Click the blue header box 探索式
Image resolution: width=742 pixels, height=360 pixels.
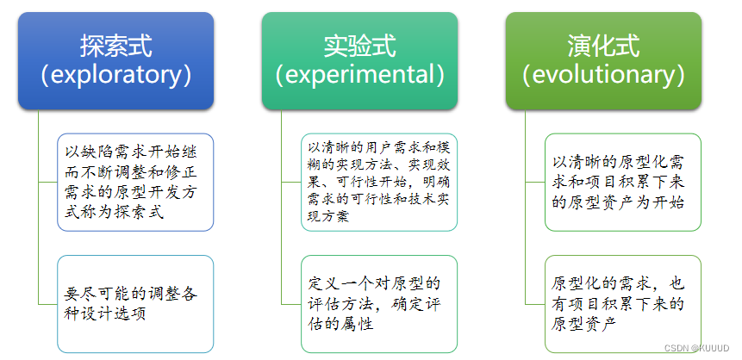[x=116, y=60]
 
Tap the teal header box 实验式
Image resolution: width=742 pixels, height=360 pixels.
[x=359, y=60]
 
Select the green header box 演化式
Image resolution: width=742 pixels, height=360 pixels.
[x=603, y=60]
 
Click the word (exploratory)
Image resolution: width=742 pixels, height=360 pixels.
[x=116, y=75]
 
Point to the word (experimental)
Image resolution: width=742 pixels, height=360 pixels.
[x=359, y=75]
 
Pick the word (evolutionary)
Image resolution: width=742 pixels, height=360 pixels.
[x=603, y=75]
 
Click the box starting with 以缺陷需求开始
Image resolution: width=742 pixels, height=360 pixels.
[x=135, y=182]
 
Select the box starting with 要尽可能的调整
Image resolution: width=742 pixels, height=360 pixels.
[x=135, y=304]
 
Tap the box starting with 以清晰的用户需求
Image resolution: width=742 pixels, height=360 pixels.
[x=379, y=182]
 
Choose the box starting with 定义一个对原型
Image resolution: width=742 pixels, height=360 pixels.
[x=379, y=304]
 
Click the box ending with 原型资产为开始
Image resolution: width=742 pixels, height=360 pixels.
[x=623, y=182]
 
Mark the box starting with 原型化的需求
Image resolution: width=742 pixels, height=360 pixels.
[x=623, y=304]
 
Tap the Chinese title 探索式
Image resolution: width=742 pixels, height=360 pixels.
[x=116, y=46]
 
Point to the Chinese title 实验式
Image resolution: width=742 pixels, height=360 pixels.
[x=359, y=46]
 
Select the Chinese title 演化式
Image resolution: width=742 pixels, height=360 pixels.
[x=603, y=46]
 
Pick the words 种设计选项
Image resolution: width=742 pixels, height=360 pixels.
[x=104, y=314]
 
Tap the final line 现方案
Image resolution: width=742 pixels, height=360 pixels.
[x=328, y=217]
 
